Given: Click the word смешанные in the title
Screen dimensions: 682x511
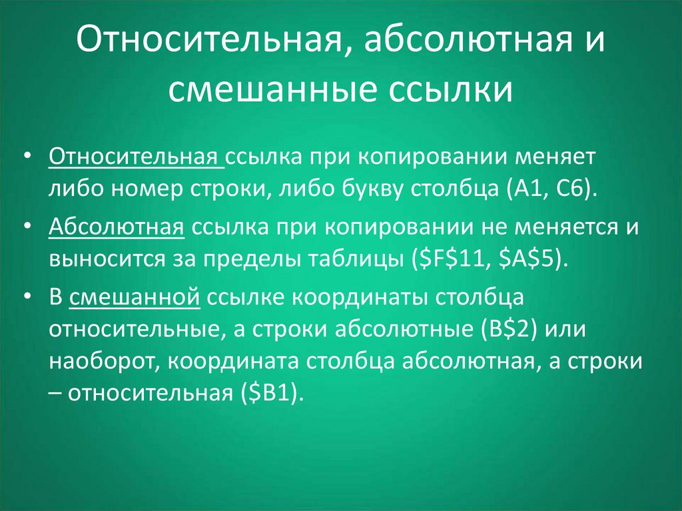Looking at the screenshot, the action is [x=272, y=90].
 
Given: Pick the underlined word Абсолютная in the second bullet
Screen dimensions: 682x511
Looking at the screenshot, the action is [x=117, y=227].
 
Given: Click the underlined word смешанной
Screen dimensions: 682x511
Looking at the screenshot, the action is [x=135, y=297].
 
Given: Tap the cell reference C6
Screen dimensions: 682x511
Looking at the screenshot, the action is [x=569, y=189].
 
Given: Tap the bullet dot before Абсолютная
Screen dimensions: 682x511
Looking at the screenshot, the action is [x=28, y=227].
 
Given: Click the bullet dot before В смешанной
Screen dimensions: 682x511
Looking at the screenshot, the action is [x=28, y=296].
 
